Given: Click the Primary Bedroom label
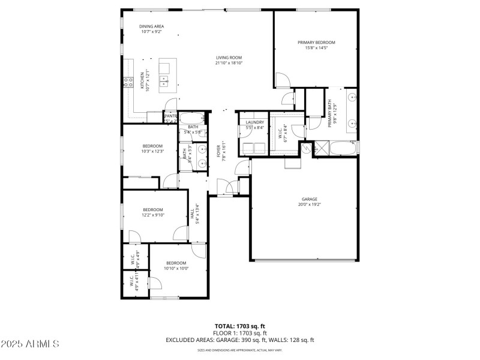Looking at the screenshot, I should coord(316,43).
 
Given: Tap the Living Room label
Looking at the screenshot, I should coord(229,58).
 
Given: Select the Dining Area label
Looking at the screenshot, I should coord(151,26).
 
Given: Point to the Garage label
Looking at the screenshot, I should coord(309,199).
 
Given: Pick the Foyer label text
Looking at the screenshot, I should coord(218,151).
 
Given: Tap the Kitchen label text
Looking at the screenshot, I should coord(142,80).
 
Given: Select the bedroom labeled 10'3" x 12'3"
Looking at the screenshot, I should coord(152,146).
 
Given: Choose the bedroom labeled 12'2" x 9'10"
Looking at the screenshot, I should coord(152,209).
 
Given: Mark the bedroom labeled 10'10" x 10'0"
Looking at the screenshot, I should coord(176,263).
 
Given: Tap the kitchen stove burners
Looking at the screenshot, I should coord(128,82).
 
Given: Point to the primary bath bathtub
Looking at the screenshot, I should coord(344,148).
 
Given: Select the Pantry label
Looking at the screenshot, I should coord(170,116).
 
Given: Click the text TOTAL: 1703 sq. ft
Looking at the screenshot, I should coord(239,326).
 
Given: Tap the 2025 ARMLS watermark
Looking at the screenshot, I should coord(30,344).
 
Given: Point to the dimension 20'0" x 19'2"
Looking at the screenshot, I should coord(309,204).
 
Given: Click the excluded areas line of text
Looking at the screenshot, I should coord(239,340).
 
